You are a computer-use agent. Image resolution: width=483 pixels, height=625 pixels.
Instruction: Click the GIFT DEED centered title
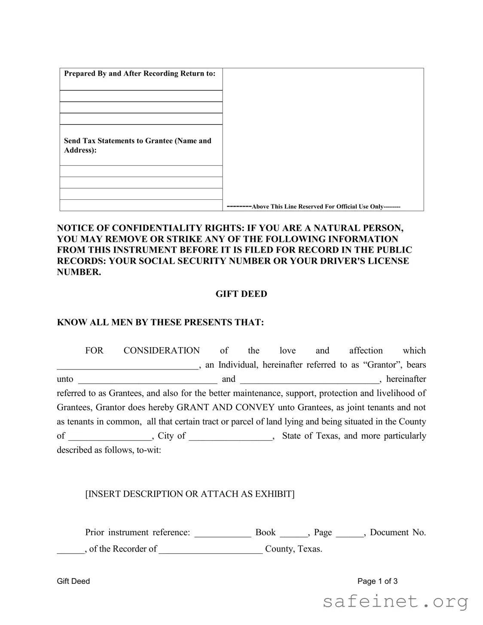pos(241,294)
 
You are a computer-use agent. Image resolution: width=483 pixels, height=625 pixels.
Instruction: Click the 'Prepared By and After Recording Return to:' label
pos(140,73)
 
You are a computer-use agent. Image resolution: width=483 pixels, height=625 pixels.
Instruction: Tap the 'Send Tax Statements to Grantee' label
pos(138,141)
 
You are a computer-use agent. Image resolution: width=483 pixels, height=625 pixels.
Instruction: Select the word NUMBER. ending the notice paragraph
pos(79,272)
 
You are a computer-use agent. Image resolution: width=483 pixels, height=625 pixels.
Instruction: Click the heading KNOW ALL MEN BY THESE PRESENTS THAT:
pos(160,322)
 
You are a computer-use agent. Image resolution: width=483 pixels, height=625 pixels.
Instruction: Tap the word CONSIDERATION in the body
pos(162,351)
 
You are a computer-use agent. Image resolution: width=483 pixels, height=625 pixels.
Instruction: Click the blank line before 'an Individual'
pos(128,367)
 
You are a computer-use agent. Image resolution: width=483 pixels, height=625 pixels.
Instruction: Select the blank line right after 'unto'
pos(147,381)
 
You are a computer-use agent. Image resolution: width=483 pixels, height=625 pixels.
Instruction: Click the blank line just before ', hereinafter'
pos(309,381)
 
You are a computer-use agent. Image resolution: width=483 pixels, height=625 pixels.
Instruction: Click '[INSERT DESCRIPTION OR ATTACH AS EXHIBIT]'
pos(190,494)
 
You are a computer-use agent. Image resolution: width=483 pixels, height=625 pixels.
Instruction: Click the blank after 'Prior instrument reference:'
pos(223,534)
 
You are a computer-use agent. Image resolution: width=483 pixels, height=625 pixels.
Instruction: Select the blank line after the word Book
pos(293,534)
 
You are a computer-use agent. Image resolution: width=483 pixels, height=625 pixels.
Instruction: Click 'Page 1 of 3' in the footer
pos(377,581)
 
